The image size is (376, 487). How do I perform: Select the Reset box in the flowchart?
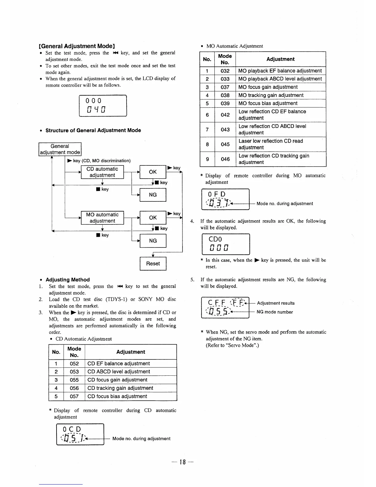coord(153,263)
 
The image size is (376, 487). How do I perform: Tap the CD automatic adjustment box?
coord(102,172)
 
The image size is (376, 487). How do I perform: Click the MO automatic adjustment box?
coord(102,218)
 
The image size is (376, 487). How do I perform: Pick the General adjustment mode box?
coord(60,149)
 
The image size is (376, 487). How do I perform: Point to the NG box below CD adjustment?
coord(153,195)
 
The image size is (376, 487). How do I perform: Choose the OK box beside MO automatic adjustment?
coord(153,218)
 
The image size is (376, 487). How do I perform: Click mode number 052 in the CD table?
coord(74,363)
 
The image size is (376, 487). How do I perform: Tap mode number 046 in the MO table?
coord(225,159)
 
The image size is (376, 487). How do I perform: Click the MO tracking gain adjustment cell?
coord(271,95)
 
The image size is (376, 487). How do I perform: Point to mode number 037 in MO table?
coord(225,87)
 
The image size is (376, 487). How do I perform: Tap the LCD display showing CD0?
coord(226,244)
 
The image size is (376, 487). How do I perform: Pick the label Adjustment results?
coord(276,303)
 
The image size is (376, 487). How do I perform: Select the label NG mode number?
coord(275,312)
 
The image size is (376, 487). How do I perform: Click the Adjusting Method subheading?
coord(68,280)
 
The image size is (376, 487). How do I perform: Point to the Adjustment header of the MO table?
coord(280,59)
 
